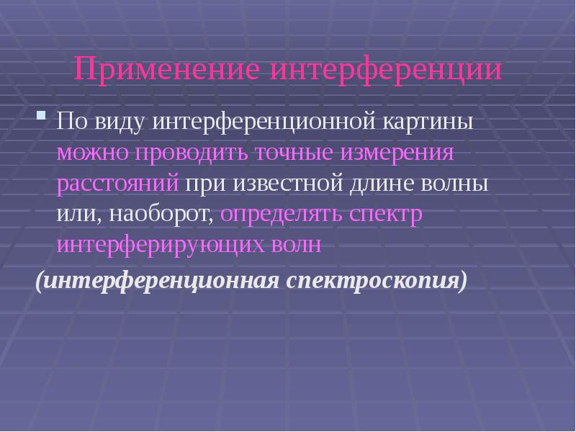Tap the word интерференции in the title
(x=387, y=71)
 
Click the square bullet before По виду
(x=42, y=115)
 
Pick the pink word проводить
(x=196, y=153)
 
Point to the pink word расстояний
(x=117, y=184)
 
